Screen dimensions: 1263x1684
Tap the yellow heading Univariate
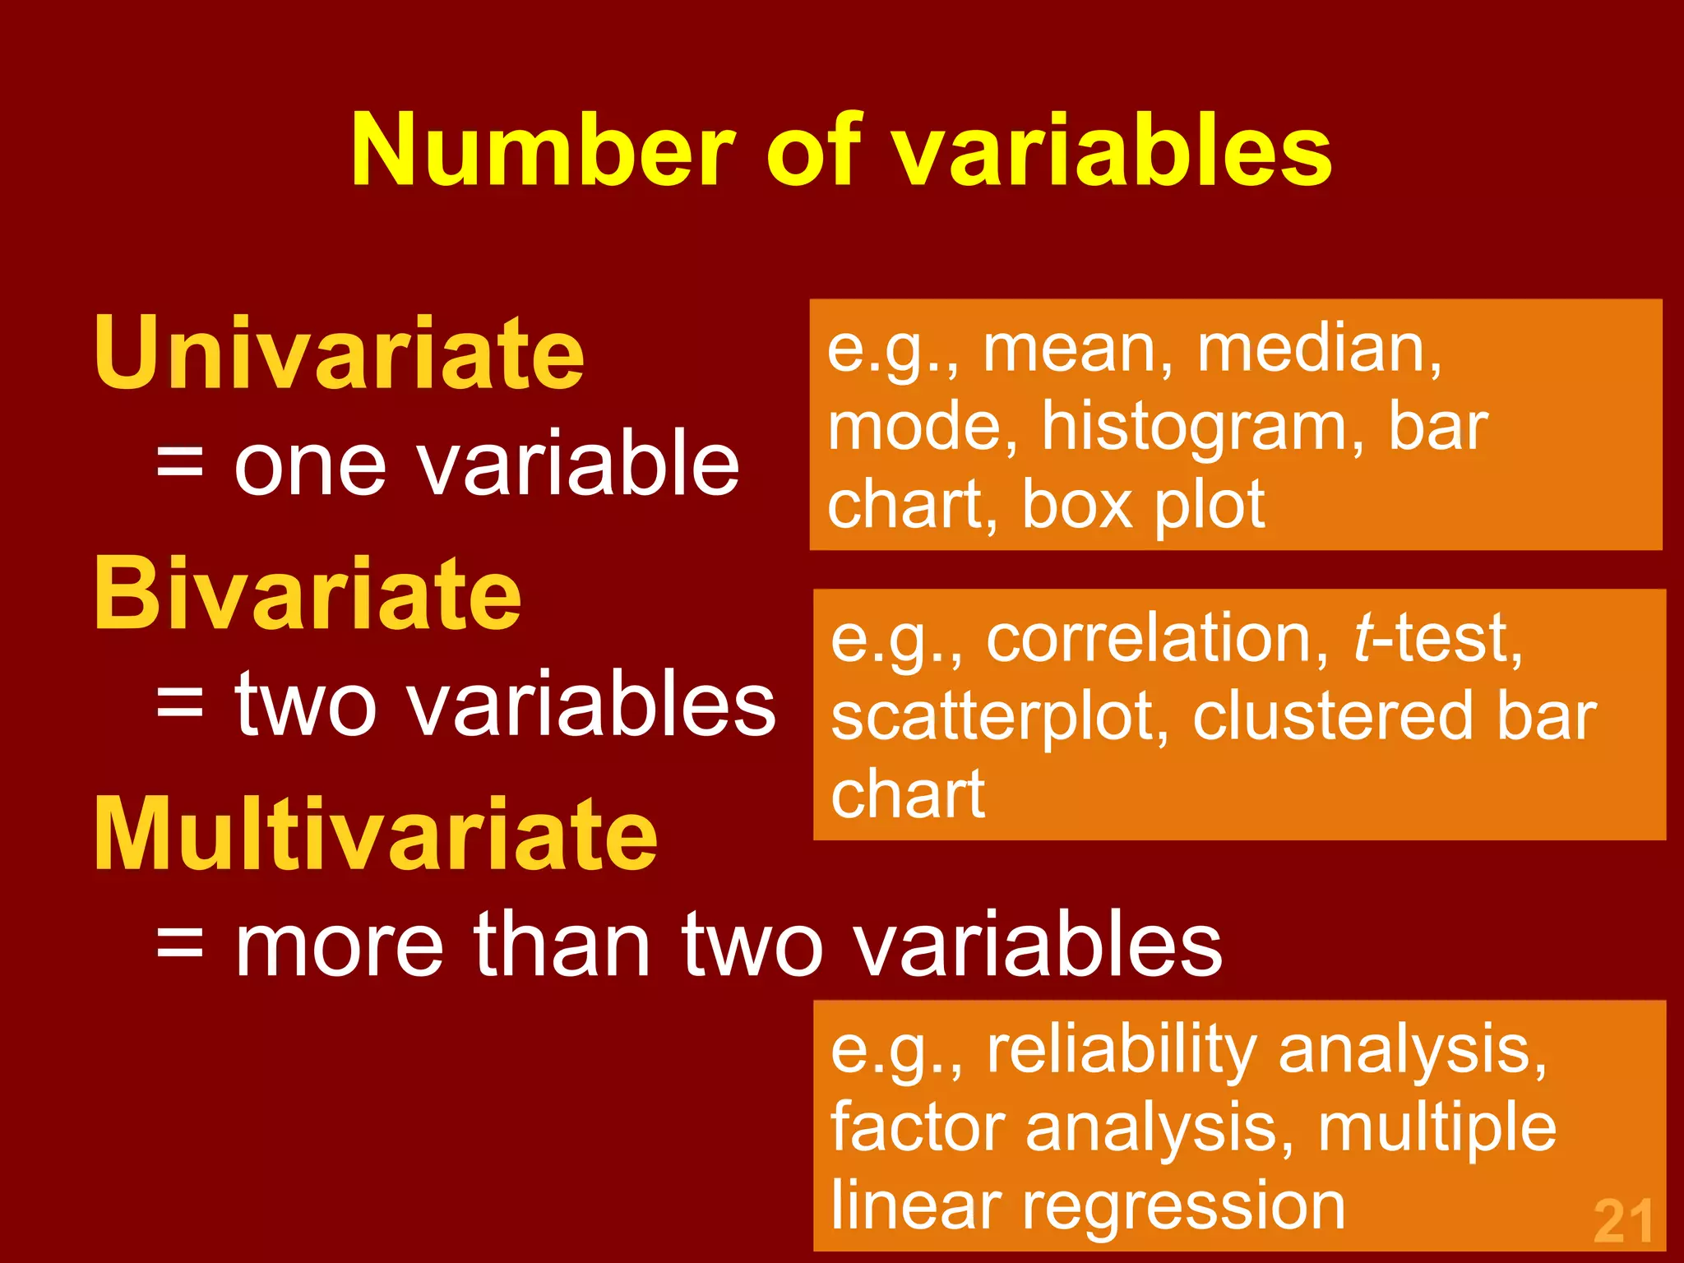(x=339, y=354)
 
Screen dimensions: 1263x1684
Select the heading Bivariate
(x=308, y=594)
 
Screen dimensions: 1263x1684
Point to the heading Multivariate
(x=376, y=835)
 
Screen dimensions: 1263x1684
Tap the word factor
(x=918, y=1127)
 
